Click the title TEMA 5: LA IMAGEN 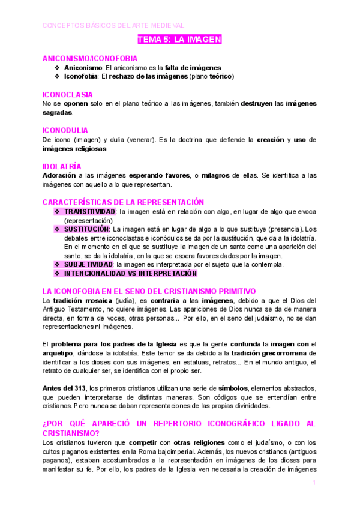pyautogui.click(x=180, y=40)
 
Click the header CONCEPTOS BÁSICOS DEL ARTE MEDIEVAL pyautogui.click(x=113, y=25)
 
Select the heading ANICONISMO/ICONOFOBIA pyautogui.click(x=90, y=59)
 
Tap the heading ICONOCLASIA pyautogui.click(x=67, y=95)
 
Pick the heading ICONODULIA pyautogui.click(x=65, y=130)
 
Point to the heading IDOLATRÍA pyautogui.click(x=62, y=166)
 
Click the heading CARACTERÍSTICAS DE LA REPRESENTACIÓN pyautogui.click(x=123, y=202)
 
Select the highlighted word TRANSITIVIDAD pyautogui.click(x=90, y=212)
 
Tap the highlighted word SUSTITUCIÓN pyautogui.click(x=86, y=229)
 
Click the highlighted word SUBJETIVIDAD pyautogui.click(x=88, y=264)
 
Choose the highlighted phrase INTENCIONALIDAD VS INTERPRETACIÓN pyautogui.click(x=130, y=273)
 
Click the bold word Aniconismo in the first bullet pyautogui.click(x=83, y=68)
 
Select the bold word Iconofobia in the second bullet pyautogui.click(x=82, y=77)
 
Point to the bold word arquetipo pyautogui.click(x=59, y=353)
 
